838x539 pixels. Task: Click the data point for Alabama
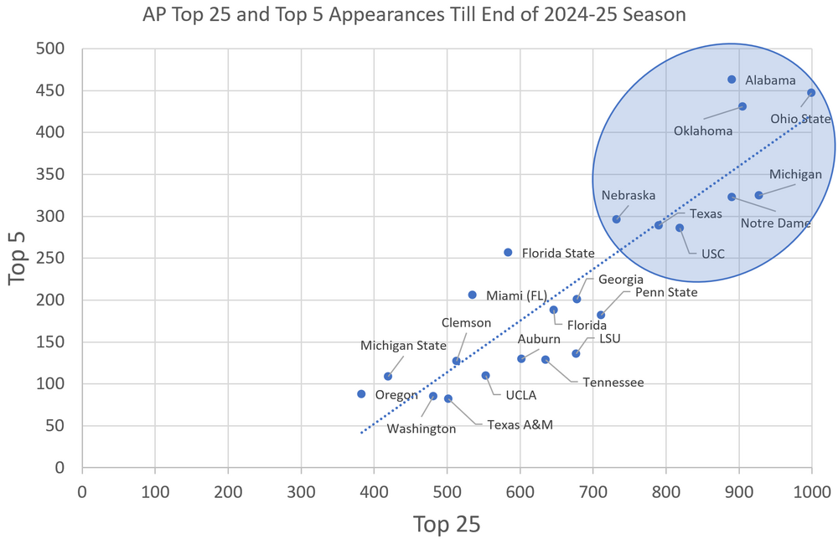tap(732, 80)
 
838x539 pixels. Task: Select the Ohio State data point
tap(811, 93)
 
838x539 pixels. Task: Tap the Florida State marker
tap(508, 252)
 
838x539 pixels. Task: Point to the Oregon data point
tap(361, 394)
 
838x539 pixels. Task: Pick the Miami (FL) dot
tap(473, 295)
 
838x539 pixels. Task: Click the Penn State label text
tap(666, 292)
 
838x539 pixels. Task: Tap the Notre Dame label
tap(776, 223)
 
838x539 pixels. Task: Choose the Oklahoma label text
tap(703, 131)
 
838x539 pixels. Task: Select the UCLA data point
tap(486, 376)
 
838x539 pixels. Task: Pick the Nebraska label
tap(628, 195)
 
